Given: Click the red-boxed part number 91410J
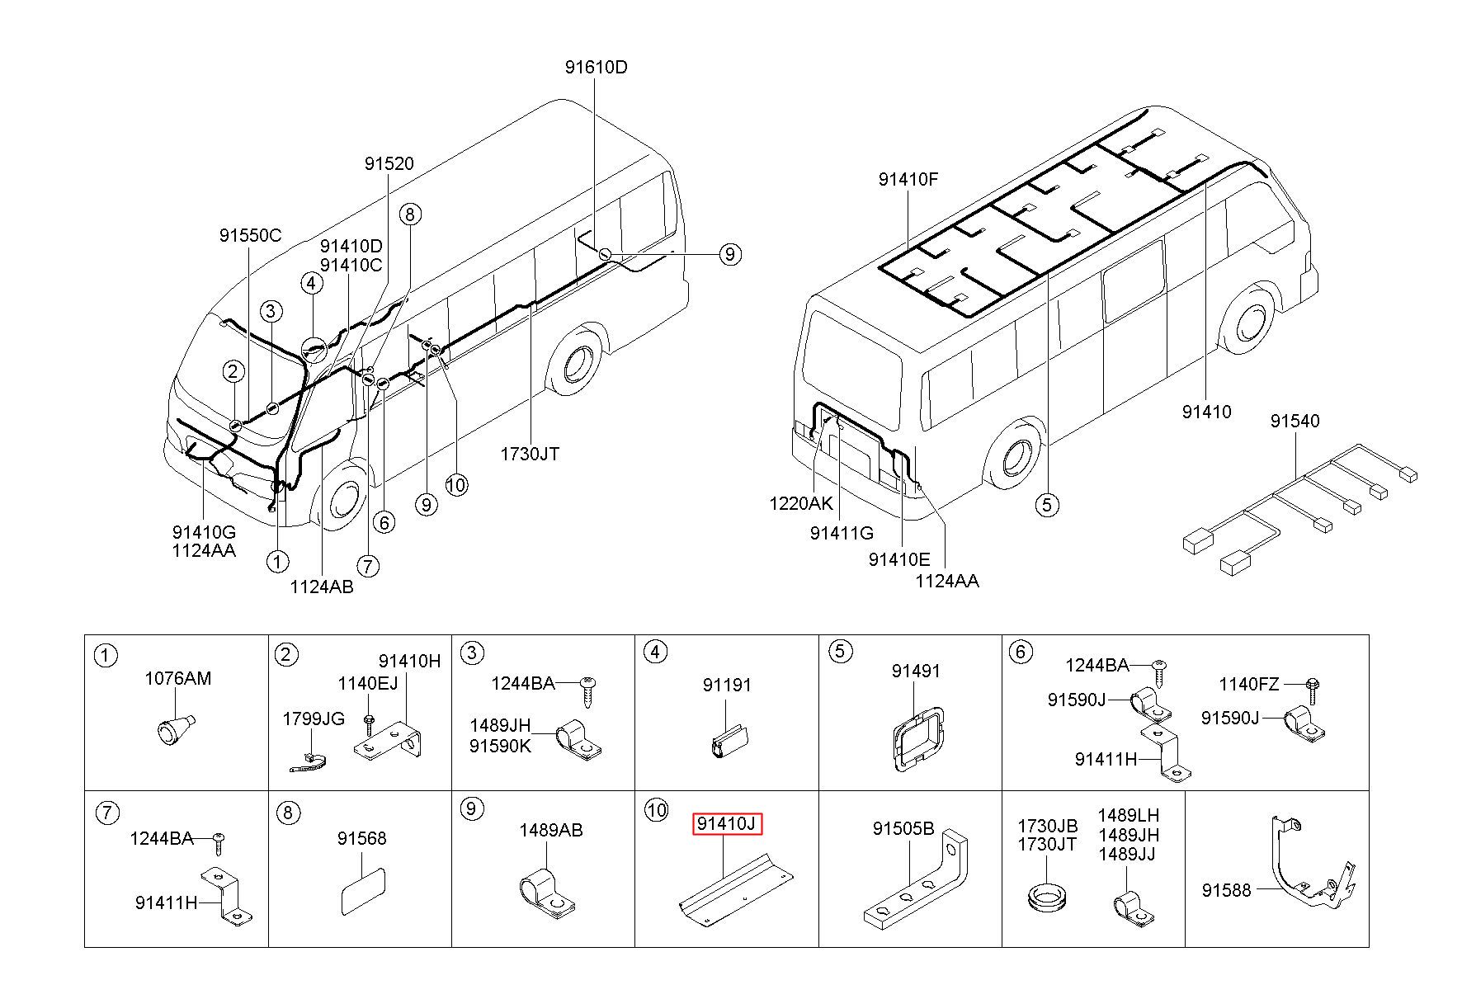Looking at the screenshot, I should coord(726,823).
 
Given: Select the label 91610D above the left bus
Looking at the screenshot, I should coord(596,68).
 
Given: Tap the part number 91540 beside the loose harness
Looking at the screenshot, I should coord(1295,422).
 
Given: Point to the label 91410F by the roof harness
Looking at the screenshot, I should coord(908,180).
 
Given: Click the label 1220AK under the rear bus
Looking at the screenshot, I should coord(800,503).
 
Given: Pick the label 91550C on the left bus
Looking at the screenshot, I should coord(250,236).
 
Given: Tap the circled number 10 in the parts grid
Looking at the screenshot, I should coord(656,810).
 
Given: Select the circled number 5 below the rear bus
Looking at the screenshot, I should coord(1047,504).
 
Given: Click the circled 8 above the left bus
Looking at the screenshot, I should coord(409,214).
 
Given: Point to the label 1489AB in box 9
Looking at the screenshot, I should coord(550,831).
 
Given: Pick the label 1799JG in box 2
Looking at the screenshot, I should coord(314,719).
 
